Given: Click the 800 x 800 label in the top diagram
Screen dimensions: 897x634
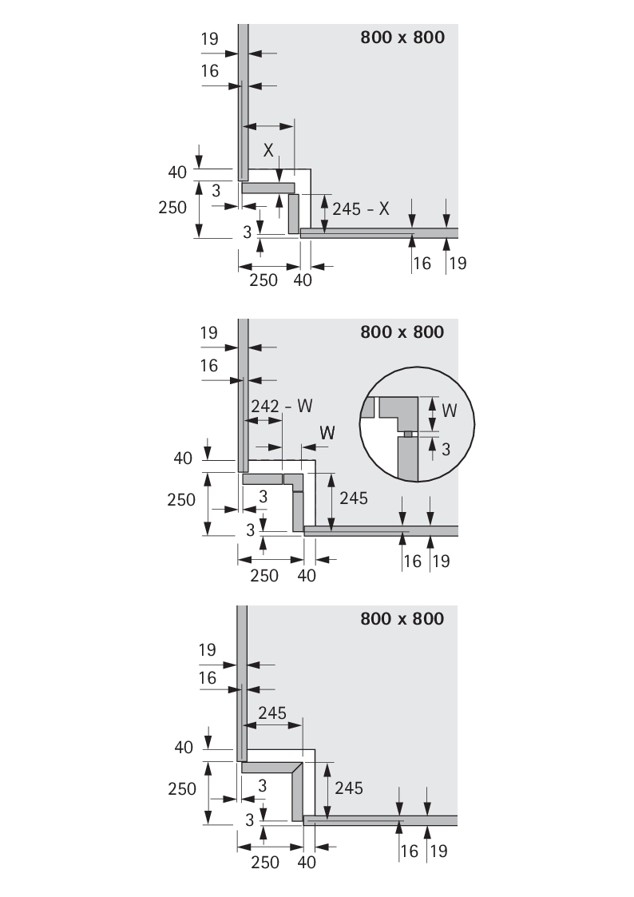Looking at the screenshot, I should click(x=402, y=38).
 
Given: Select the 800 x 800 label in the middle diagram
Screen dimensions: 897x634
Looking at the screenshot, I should click(x=402, y=331).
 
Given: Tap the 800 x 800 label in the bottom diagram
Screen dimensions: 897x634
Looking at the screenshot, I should click(x=402, y=618).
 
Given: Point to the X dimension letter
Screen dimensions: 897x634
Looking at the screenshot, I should click(x=268, y=149).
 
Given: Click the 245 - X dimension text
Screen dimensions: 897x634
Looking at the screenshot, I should click(x=361, y=208).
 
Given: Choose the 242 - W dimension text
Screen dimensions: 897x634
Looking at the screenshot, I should click(x=281, y=406).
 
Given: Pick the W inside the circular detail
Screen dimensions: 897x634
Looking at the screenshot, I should click(x=450, y=410).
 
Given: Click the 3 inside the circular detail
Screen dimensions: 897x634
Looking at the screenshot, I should click(x=446, y=449).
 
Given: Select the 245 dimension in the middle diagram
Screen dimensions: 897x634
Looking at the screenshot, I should click(x=353, y=498).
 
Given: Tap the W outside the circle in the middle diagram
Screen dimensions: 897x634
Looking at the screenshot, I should click(x=327, y=431).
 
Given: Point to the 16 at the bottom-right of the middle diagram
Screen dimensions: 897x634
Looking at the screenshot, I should click(x=411, y=561).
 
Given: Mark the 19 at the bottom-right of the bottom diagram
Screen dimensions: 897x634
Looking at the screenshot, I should click(x=438, y=851).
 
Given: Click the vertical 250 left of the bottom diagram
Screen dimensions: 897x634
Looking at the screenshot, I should click(x=183, y=788).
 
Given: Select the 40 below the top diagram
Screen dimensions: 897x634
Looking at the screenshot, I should click(x=303, y=280).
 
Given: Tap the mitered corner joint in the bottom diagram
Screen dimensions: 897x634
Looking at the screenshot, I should click(x=298, y=768).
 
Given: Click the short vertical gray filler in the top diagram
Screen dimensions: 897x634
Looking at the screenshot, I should click(x=293, y=212).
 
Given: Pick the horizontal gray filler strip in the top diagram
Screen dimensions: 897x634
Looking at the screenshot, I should click(x=267, y=189).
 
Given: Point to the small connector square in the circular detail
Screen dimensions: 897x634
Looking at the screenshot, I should click(x=407, y=434).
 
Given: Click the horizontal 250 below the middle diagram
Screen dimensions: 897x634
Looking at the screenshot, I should click(x=264, y=575).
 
